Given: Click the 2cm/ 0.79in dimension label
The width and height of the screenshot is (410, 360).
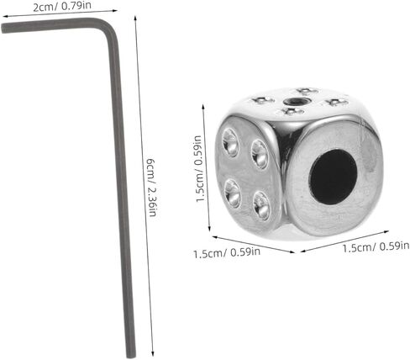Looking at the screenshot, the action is point(62,6).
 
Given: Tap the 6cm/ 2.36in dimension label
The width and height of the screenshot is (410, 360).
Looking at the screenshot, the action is point(152,188).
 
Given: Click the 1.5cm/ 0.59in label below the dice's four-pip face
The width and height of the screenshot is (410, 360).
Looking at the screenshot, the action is point(227,253).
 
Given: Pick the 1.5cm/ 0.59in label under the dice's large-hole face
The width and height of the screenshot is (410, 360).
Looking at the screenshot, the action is point(376,247).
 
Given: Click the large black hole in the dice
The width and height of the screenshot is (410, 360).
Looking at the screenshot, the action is point(334,177).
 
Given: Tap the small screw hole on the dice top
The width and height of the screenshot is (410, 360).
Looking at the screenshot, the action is point(292,101).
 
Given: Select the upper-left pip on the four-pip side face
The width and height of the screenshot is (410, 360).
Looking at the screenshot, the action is point(230,142).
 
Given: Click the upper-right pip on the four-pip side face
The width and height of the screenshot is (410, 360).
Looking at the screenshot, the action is point(260,154).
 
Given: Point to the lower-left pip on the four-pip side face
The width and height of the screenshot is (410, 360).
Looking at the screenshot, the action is point(232,193).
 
